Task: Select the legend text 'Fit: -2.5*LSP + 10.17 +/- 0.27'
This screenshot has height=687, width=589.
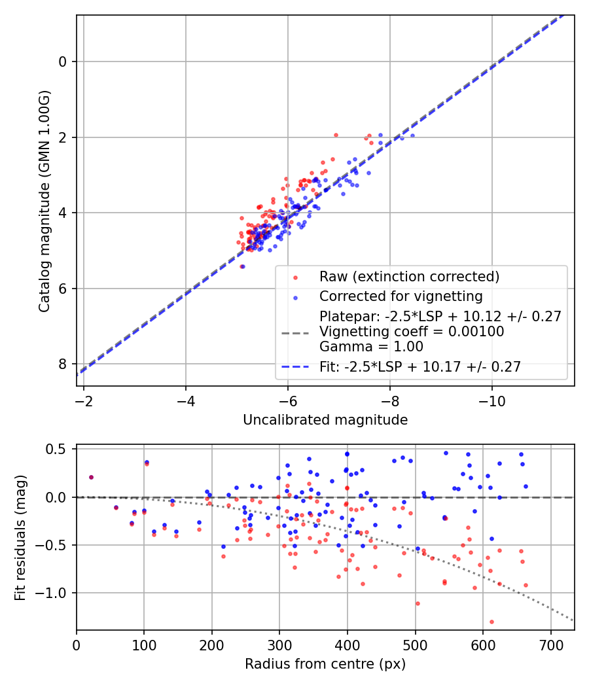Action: (420, 367)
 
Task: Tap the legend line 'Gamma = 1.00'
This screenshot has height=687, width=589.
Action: (376, 347)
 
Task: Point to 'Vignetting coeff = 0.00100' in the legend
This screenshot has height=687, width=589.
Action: (412, 332)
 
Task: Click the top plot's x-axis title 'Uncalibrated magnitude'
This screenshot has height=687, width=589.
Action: (325, 420)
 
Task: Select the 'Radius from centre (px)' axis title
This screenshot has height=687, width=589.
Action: (325, 664)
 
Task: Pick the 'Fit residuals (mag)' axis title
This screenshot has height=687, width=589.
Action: (20, 537)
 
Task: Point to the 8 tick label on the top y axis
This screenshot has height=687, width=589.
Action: (63, 364)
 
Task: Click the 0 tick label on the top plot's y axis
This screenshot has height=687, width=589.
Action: (63, 62)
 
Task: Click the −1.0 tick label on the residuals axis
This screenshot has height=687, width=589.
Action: (54, 593)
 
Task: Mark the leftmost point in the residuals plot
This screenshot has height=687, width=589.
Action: (91, 477)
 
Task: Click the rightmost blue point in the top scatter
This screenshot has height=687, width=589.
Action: (412, 135)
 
